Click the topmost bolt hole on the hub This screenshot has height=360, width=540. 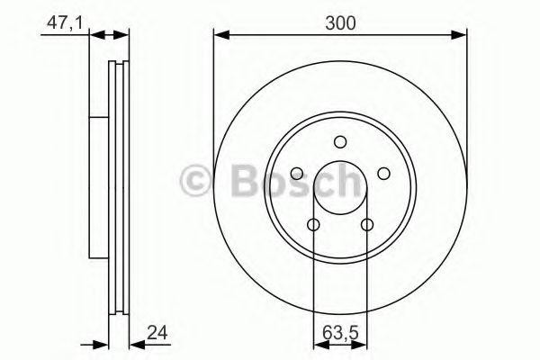(339, 140)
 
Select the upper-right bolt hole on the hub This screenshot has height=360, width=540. (382, 173)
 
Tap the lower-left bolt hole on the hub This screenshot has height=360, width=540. (313, 225)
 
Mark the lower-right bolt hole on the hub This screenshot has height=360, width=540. (366, 225)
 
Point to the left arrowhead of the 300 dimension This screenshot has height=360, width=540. (219, 36)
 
